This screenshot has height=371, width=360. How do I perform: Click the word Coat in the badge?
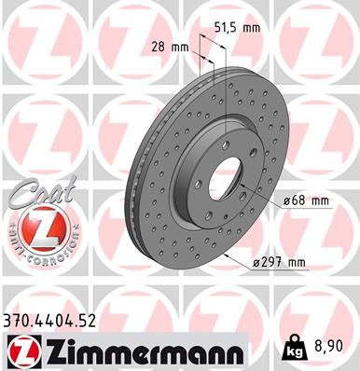(34, 193)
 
